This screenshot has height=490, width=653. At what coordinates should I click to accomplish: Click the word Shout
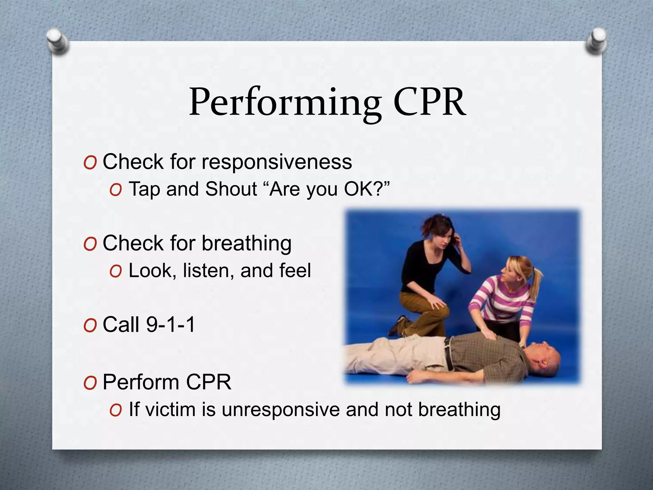coord(231,189)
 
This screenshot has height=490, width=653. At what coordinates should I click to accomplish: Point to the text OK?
coord(367,189)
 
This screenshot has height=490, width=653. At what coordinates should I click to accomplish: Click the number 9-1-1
coord(170,325)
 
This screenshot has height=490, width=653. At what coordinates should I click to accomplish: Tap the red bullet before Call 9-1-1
coord(90,326)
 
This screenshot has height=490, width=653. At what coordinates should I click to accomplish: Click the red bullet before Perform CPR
coord(90,383)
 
